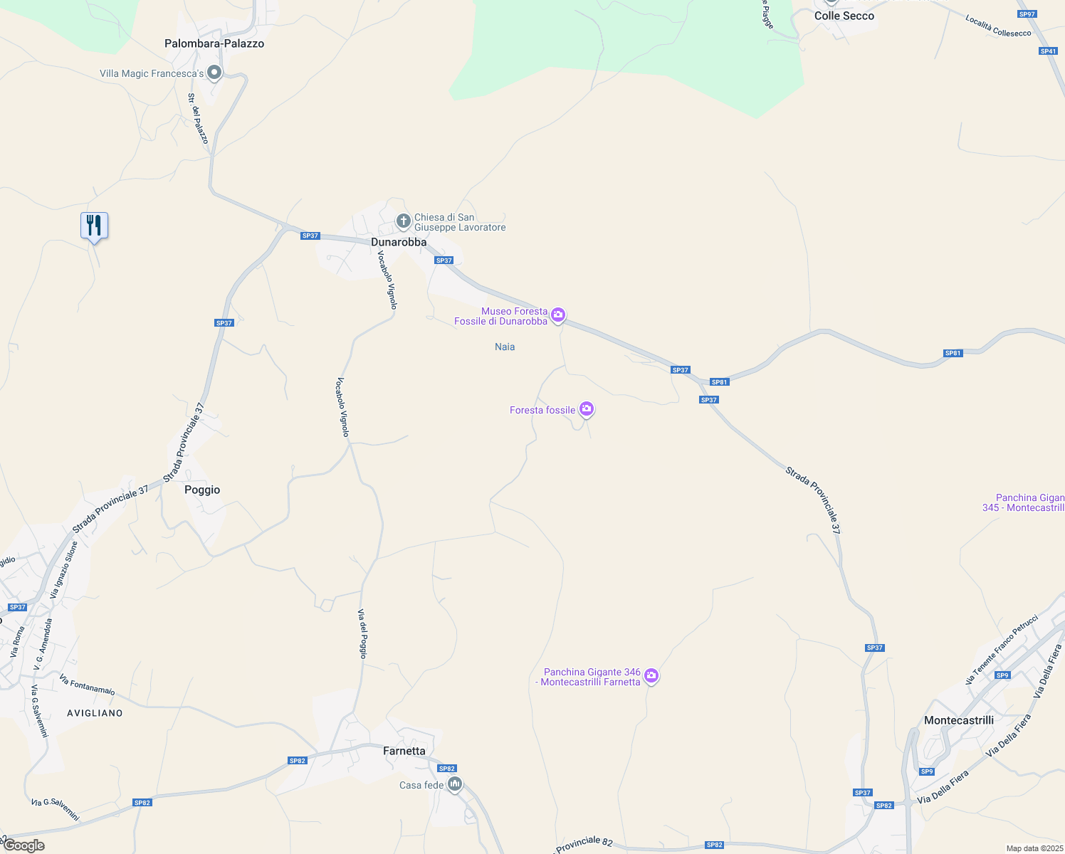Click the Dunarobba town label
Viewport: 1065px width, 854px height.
coord(399,242)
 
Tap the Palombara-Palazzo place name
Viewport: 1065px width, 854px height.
coord(214,43)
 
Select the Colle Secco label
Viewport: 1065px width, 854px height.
coord(844,16)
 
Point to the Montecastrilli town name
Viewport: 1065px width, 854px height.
coord(958,720)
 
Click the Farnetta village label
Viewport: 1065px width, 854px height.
coord(404,751)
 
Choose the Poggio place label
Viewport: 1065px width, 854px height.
coord(202,490)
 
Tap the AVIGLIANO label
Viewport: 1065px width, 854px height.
coord(95,712)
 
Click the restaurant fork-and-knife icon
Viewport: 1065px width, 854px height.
coord(94,226)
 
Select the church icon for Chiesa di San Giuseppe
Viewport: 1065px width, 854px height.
coord(403,221)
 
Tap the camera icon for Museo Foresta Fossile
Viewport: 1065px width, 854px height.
coord(558,315)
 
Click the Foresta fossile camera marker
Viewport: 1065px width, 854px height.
coord(587,408)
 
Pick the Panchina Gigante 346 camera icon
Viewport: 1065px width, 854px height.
coord(651,675)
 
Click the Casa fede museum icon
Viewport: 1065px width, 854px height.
coord(455,784)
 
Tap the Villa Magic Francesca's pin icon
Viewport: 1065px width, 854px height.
coord(214,73)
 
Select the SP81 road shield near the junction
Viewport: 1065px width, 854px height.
coord(720,382)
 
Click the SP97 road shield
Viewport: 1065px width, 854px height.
coord(1027,14)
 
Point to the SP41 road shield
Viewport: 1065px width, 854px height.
coord(1048,51)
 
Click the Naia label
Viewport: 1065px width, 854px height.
coord(505,347)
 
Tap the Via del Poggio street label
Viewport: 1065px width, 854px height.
coord(362,633)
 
